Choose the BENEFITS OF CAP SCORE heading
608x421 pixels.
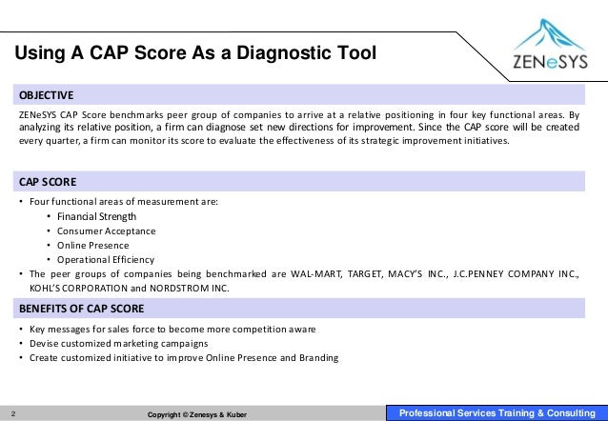[81, 309]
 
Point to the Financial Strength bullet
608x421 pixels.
[96, 216]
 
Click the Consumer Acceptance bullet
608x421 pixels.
[106, 231]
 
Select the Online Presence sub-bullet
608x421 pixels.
[93, 245]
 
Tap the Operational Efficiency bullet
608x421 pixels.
[105, 259]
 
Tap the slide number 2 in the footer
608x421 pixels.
[13, 413]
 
